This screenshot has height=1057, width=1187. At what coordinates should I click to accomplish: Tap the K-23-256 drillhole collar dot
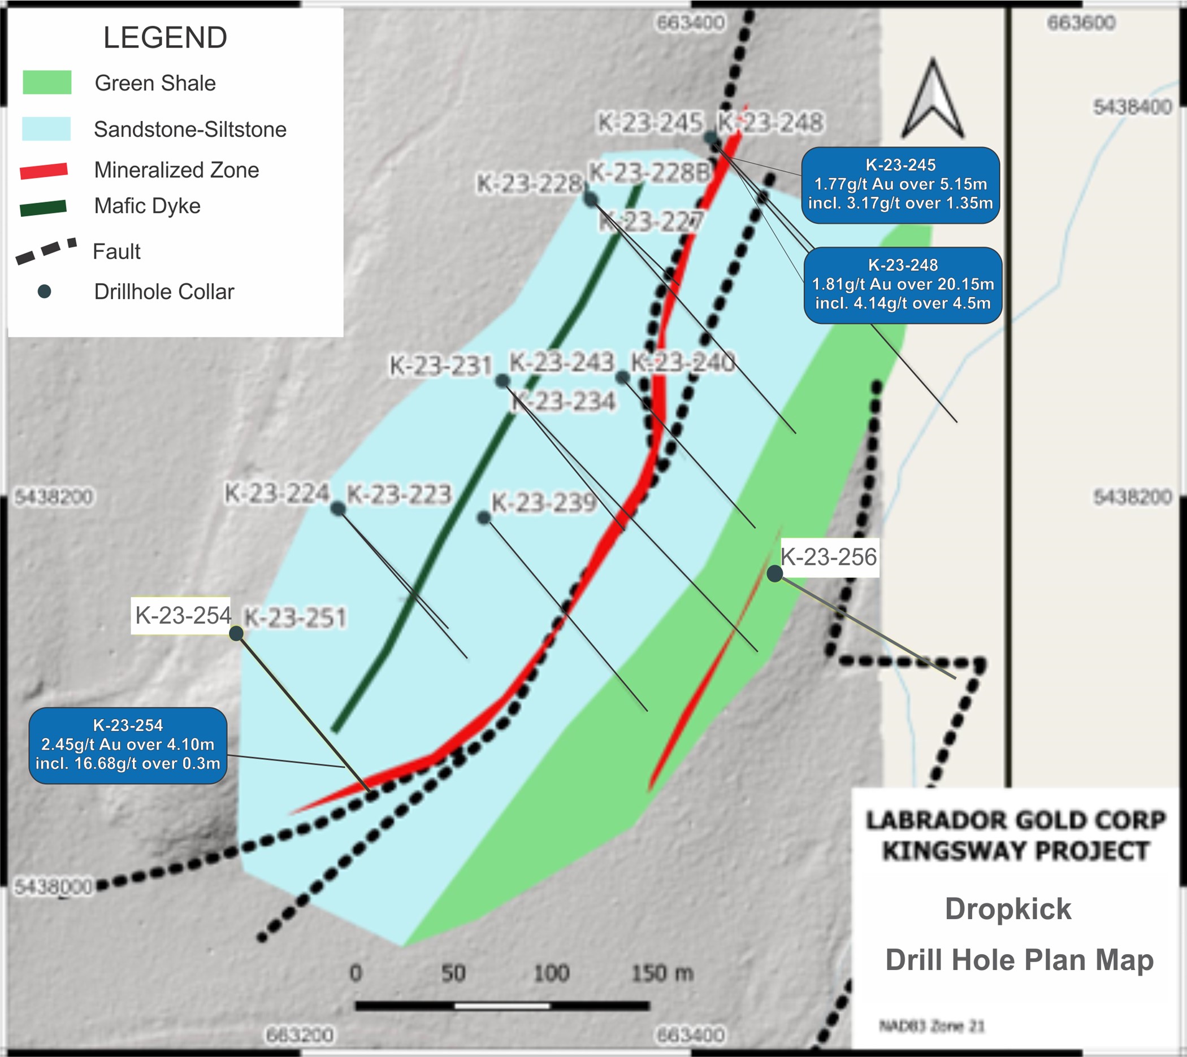pos(774,574)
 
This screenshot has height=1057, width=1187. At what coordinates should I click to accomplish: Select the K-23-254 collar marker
pos(236,633)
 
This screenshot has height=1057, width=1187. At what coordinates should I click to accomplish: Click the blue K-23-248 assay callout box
pos(902,285)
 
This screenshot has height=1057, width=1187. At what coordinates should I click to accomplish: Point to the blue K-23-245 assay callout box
pos(900,185)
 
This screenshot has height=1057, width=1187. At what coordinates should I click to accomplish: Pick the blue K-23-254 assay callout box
pos(128,745)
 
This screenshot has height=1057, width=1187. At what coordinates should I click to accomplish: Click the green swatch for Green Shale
pos(47,82)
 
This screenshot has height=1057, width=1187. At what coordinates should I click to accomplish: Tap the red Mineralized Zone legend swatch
pos(44,171)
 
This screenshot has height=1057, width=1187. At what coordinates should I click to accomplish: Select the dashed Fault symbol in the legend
pos(46,251)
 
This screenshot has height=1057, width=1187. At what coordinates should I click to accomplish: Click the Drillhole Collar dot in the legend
pos(44,292)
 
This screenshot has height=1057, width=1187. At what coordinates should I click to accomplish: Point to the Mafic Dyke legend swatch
pos(44,208)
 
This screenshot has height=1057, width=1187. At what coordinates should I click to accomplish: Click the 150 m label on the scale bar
pos(662,973)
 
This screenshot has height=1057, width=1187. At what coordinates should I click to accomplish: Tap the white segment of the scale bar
pos(501,1006)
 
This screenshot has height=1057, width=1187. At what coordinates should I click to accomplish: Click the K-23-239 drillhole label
pos(544,503)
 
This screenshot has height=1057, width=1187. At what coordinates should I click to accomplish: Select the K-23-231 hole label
pos(440,366)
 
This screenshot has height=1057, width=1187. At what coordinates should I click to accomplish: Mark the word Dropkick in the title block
pos(1007,909)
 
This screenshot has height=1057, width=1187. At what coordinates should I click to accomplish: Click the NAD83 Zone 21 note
pos(932,1026)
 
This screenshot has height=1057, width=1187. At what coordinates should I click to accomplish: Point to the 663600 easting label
pos(1081,23)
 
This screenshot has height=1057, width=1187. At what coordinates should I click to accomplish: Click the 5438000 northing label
pos(53,887)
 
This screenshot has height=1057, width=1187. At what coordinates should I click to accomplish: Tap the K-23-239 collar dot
pos(483,517)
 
